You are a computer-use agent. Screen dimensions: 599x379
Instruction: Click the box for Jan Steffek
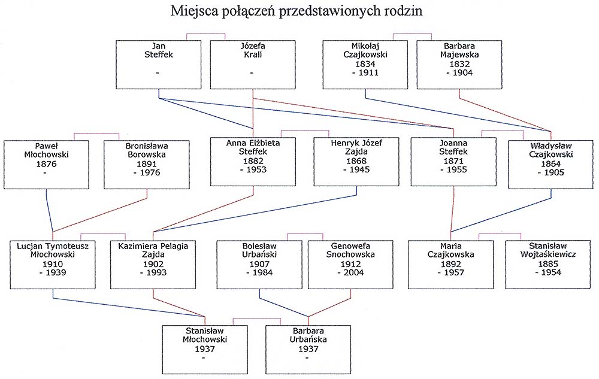[159, 65]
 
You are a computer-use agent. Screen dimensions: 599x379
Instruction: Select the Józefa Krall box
[253, 65]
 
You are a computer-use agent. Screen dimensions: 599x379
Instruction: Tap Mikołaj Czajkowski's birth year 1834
[365, 63]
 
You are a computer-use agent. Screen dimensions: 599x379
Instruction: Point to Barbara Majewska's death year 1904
[462, 72]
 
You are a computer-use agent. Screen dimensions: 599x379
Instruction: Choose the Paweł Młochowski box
[46, 165]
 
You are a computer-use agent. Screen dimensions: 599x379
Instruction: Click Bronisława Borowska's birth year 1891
[147, 163]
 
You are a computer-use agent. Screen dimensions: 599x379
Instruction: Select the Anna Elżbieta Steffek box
[253, 162]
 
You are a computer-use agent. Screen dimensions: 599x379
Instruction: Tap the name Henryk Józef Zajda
[356, 147]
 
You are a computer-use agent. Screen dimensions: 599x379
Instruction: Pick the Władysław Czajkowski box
[551, 165]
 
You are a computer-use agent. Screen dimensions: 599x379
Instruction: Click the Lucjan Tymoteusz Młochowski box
[53, 265]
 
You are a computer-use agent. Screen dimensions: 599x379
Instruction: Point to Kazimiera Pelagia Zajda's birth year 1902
[153, 263]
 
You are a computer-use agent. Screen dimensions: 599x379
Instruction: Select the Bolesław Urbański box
[259, 265]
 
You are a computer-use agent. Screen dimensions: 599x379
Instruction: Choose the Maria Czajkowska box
[451, 265]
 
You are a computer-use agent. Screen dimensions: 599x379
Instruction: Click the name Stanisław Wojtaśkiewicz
[548, 250]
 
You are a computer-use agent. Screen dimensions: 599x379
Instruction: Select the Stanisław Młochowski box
[205, 350]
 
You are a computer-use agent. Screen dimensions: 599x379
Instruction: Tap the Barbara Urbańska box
[308, 350]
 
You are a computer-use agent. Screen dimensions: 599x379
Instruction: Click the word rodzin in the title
[404, 11]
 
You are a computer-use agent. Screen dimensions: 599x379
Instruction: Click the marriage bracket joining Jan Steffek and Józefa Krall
[205, 34]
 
